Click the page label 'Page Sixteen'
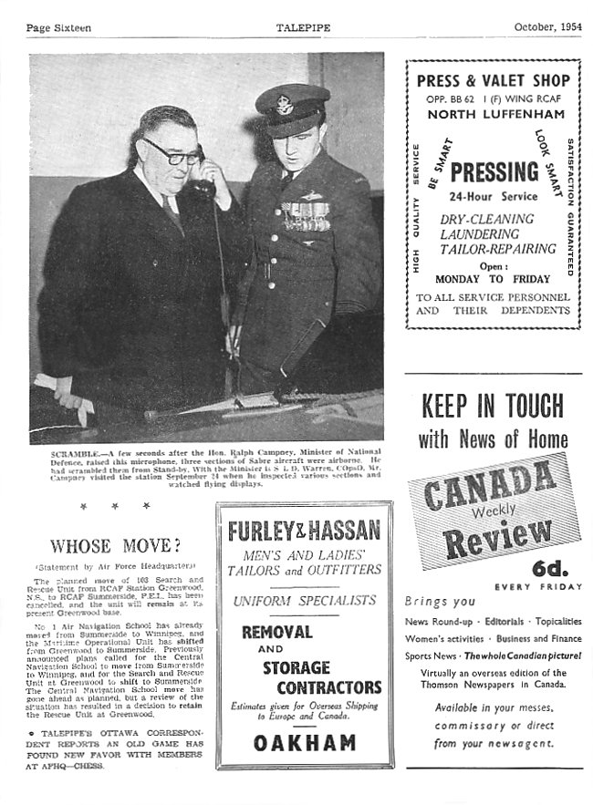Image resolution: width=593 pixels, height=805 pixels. point(58,27)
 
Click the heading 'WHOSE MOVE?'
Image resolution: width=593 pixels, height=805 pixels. point(115,546)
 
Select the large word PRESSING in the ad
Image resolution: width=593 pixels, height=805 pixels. point(494,172)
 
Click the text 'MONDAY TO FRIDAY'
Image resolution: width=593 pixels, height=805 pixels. point(493,279)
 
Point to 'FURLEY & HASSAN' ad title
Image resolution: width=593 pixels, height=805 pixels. point(304,532)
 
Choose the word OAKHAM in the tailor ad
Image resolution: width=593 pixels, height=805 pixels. point(305,742)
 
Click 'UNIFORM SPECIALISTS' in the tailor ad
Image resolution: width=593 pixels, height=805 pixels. point(305,601)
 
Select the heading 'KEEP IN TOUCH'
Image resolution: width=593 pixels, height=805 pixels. point(494,405)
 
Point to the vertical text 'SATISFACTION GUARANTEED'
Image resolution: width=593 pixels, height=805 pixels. point(570,208)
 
